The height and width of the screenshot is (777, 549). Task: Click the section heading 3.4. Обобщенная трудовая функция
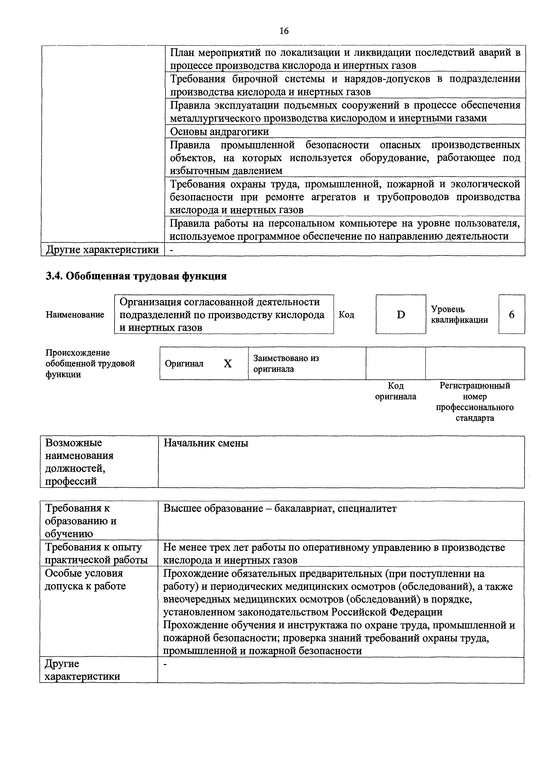point(136,276)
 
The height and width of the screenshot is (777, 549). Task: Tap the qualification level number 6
point(511,315)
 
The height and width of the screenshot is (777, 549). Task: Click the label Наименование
point(75,315)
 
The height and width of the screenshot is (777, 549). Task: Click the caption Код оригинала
point(395,391)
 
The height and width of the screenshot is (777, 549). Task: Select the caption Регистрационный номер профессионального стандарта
point(475,402)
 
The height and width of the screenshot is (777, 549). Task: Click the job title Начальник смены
point(206,443)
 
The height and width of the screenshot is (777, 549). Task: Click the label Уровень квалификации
point(459,315)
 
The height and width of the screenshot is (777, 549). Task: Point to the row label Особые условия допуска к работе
point(85,580)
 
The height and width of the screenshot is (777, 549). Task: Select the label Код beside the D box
point(346,315)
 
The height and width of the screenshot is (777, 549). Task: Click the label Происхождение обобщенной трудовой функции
point(90,363)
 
